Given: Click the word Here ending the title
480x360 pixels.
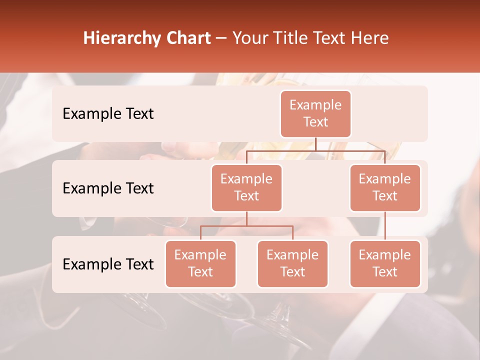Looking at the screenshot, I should pos(370,38).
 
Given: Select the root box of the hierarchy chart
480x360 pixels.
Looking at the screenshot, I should pos(315,113).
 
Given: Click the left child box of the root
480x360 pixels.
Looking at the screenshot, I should pos(246,187).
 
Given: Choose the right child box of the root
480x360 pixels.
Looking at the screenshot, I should pos(385,187).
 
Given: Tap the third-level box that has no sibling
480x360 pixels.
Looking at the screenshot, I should pos(385,263).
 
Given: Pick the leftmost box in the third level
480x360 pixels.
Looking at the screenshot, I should pos(200,263).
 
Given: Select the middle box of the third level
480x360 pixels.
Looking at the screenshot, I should pos(292,263).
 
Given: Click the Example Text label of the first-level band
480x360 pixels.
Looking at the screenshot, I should pos(108,113).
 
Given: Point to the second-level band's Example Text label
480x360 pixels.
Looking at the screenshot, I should pos(108,188).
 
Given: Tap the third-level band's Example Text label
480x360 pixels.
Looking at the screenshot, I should pos(108,264).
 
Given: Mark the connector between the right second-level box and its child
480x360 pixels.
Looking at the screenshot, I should pos(385,226).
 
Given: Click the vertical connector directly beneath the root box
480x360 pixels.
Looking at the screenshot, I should pos(315,144).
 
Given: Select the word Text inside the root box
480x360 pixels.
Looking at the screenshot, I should pos(315,122).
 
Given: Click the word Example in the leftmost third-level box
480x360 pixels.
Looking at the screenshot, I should pos(200,255).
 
